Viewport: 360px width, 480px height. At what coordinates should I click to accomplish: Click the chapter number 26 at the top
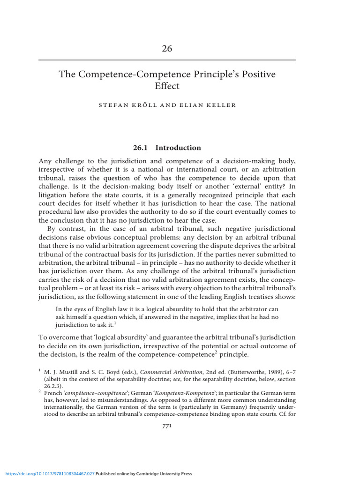167,49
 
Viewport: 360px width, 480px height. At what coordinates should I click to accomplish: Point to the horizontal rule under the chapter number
167,60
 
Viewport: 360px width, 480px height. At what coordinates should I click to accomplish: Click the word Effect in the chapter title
167,86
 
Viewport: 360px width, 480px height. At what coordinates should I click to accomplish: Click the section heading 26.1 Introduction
166,148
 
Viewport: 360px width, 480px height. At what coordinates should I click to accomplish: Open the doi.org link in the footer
48,474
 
